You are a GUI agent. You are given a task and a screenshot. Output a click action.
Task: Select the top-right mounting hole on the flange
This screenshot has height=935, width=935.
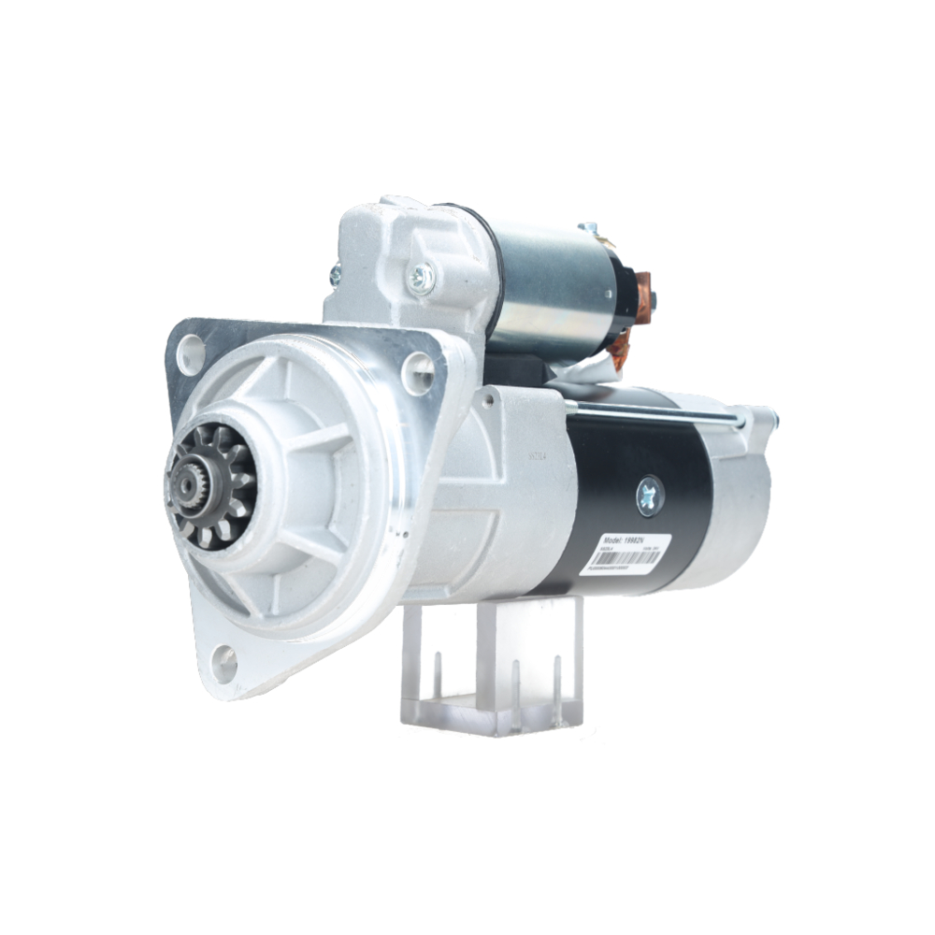(419, 374)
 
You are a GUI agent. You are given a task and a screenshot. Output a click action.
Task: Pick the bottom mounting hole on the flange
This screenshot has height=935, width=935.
(225, 663)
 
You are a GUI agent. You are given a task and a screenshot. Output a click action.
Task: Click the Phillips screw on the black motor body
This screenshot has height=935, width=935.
(649, 495)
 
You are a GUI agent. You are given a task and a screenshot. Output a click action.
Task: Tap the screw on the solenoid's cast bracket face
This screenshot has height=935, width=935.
(422, 276)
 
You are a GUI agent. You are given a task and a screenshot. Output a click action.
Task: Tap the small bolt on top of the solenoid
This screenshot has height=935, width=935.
(588, 228)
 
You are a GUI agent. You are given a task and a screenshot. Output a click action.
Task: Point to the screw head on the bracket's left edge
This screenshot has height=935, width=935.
(335, 275)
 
